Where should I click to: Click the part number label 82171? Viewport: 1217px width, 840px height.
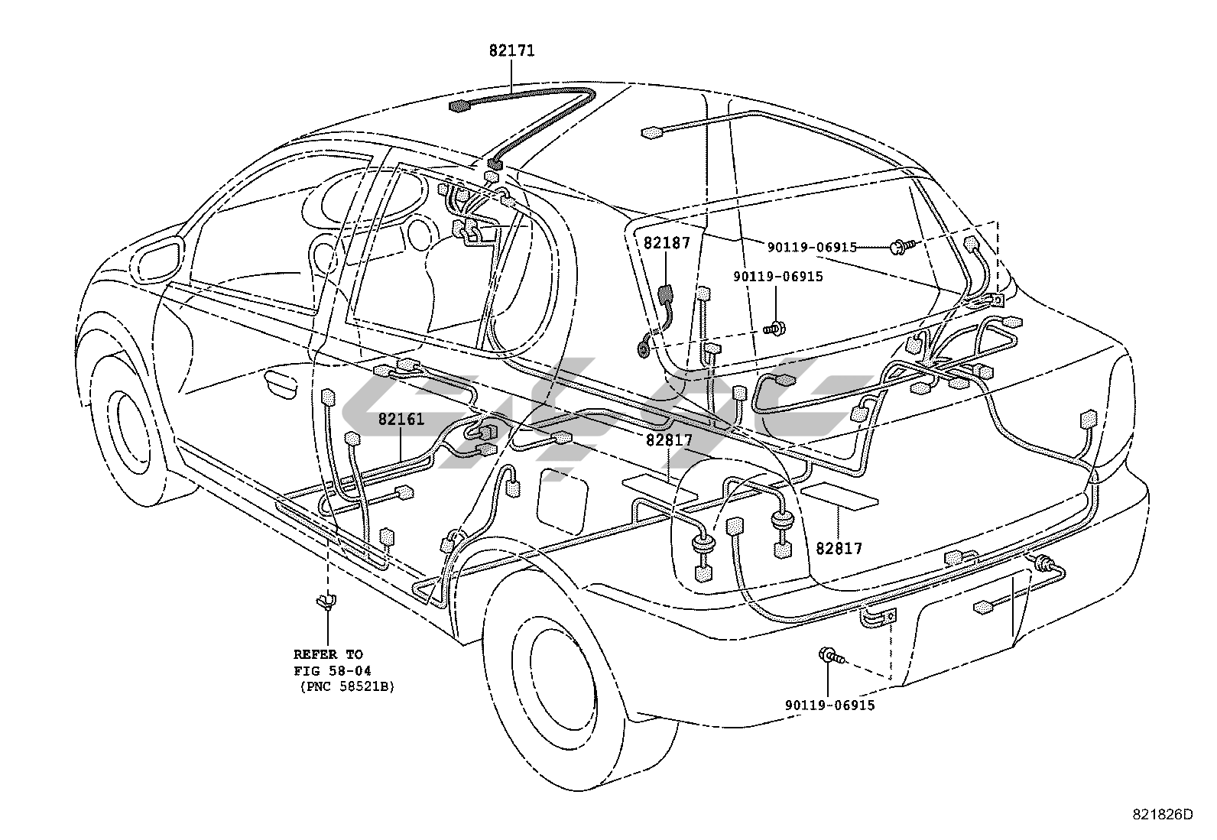pyautogui.click(x=511, y=51)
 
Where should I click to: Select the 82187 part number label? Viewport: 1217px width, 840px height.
pyautogui.click(x=667, y=243)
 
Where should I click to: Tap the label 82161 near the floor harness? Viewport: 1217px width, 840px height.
pyautogui.click(x=401, y=419)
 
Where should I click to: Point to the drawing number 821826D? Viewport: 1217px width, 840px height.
pyautogui.click(x=1162, y=815)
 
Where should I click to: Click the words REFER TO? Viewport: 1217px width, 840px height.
pyautogui.click(x=329, y=654)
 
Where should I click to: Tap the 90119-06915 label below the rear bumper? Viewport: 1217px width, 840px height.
pyautogui.click(x=829, y=705)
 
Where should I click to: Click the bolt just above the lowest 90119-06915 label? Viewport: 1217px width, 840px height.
pyautogui.click(x=829, y=655)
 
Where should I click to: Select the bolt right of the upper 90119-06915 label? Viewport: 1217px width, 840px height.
pyautogui.click(x=902, y=247)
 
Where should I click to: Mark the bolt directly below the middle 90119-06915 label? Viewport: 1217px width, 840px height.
pyautogui.click(x=776, y=329)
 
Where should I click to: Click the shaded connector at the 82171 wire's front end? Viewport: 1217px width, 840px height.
pyautogui.click(x=459, y=105)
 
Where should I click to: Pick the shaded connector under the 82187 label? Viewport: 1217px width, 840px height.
pyautogui.click(x=664, y=293)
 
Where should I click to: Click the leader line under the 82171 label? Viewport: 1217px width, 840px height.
pyautogui.click(x=511, y=76)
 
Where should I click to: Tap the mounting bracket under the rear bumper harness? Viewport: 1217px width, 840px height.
pyautogui.click(x=879, y=618)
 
